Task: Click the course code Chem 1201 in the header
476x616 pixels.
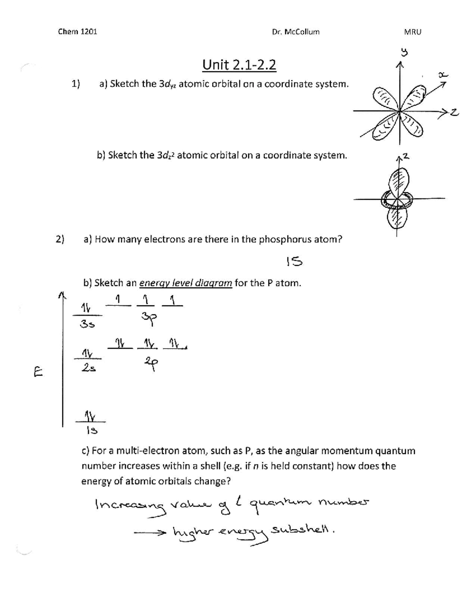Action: (77, 32)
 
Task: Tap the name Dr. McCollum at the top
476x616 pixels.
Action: (296, 32)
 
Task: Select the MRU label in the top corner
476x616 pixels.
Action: (413, 32)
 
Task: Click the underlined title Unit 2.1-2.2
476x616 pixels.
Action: (239, 65)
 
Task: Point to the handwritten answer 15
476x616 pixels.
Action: (294, 261)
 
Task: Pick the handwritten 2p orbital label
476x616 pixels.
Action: (151, 363)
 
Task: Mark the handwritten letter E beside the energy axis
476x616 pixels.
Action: (38, 373)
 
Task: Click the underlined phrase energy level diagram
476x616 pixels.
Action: (185, 283)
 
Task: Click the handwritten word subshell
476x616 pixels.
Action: (302, 530)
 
